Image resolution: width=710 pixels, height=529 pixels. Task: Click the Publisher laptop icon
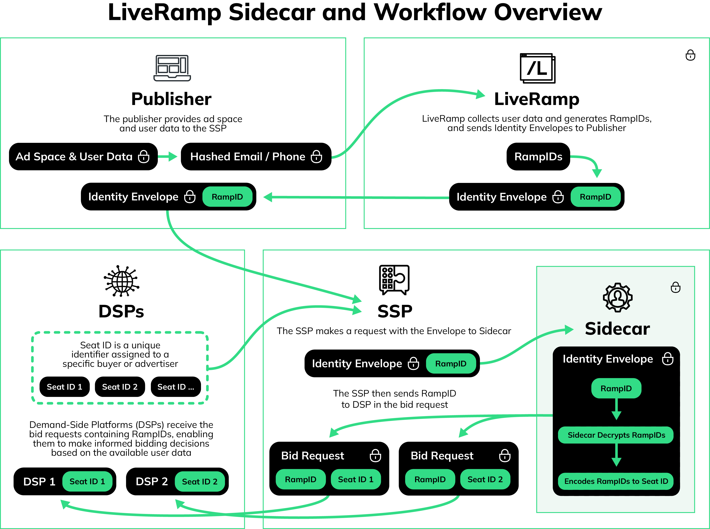pyautogui.click(x=172, y=68)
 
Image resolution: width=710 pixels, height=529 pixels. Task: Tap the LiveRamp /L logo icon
pyautogui.click(x=538, y=68)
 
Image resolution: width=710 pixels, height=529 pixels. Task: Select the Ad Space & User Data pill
pyautogui.click(x=83, y=157)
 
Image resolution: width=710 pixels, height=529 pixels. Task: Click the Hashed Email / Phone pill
pyautogui.click(x=256, y=157)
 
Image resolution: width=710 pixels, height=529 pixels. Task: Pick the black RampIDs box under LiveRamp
pyautogui.click(x=538, y=157)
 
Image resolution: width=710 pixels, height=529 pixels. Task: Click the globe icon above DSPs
pyautogui.click(x=122, y=281)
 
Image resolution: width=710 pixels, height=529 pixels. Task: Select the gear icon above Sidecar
pyautogui.click(x=617, y=297)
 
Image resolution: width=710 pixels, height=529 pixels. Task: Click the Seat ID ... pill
pyautogui.click(x=176, y=387)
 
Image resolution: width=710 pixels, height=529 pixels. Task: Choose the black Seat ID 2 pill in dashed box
pyautogui.click(x=120, y=387)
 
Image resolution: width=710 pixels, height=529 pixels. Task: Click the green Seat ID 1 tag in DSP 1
pyautogui.click(x=87, y=481)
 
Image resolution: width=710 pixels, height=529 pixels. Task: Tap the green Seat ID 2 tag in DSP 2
pyautogui.click(x=200, y=481)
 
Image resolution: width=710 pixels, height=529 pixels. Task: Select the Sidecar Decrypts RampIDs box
pyautogui.click(x=616, y=435)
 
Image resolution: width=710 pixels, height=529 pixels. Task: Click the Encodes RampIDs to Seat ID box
pyautogui.click(x=616, y=481)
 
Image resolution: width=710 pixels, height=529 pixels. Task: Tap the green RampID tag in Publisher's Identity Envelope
pyautogui.click(x=227, y=197)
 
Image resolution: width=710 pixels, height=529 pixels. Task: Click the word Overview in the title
pyautogui.click(x=548, y=13)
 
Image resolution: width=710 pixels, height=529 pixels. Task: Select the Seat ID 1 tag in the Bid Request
pyautogui.click(x=356, y=479)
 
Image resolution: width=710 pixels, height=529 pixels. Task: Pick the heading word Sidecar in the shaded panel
pyautogui.click(x=617, y=329)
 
